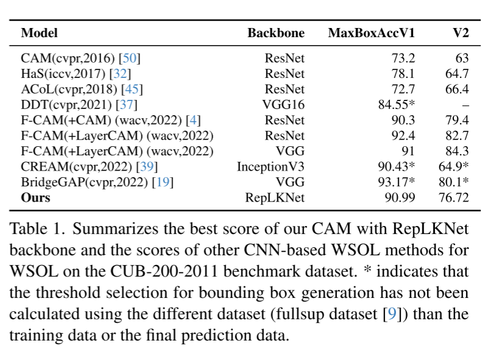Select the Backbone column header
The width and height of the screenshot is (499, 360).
(x=276, y=33)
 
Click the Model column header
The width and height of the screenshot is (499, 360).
(x=40, y=33)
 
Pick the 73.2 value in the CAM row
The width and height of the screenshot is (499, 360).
(x=403, y=58)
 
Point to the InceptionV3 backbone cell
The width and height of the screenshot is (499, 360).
(x=271, y=166)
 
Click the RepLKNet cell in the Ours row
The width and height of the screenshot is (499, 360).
(x=275, y=197)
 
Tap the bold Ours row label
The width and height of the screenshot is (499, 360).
(x=35, y=197)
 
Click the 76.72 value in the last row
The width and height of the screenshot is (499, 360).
(x=453, y=197)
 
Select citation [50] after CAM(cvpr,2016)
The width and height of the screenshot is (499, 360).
(x=130, y=58)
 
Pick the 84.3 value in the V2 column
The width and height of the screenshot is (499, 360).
(x=457, y=151)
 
